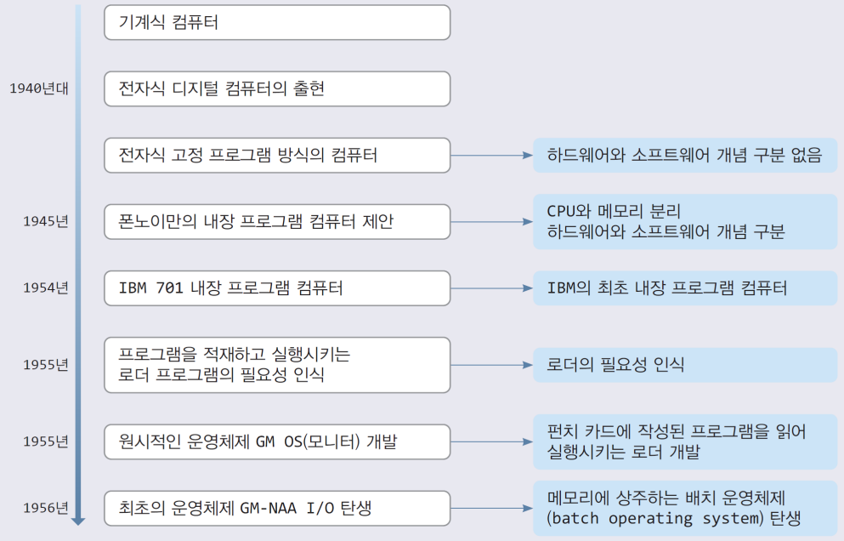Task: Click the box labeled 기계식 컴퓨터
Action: click(x=277, y=22)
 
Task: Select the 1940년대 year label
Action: click(x=39, y=88)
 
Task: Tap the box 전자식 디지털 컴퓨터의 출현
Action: click(x=277, y=88)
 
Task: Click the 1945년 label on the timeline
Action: click(x=46, y=221)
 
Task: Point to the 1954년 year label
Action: click(x=46, y=288)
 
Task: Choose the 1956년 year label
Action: click(x=46, y=508)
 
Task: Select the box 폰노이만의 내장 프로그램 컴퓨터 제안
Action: click(x=277, y=221)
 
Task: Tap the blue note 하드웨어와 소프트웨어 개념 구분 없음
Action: click(x=685, y=156)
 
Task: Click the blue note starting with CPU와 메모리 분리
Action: click(x=685, y=221)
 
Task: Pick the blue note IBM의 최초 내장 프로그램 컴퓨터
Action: click(x=685, y=288)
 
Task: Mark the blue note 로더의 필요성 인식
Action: click(x=685, y=365)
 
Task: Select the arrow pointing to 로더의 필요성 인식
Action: click(x=491, y=365)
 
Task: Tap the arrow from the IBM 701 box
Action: click(x=491, y=288)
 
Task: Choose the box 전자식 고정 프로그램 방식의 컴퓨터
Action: click(x=277, y=156)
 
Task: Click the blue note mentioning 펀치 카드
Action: click(x=685, y=441)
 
